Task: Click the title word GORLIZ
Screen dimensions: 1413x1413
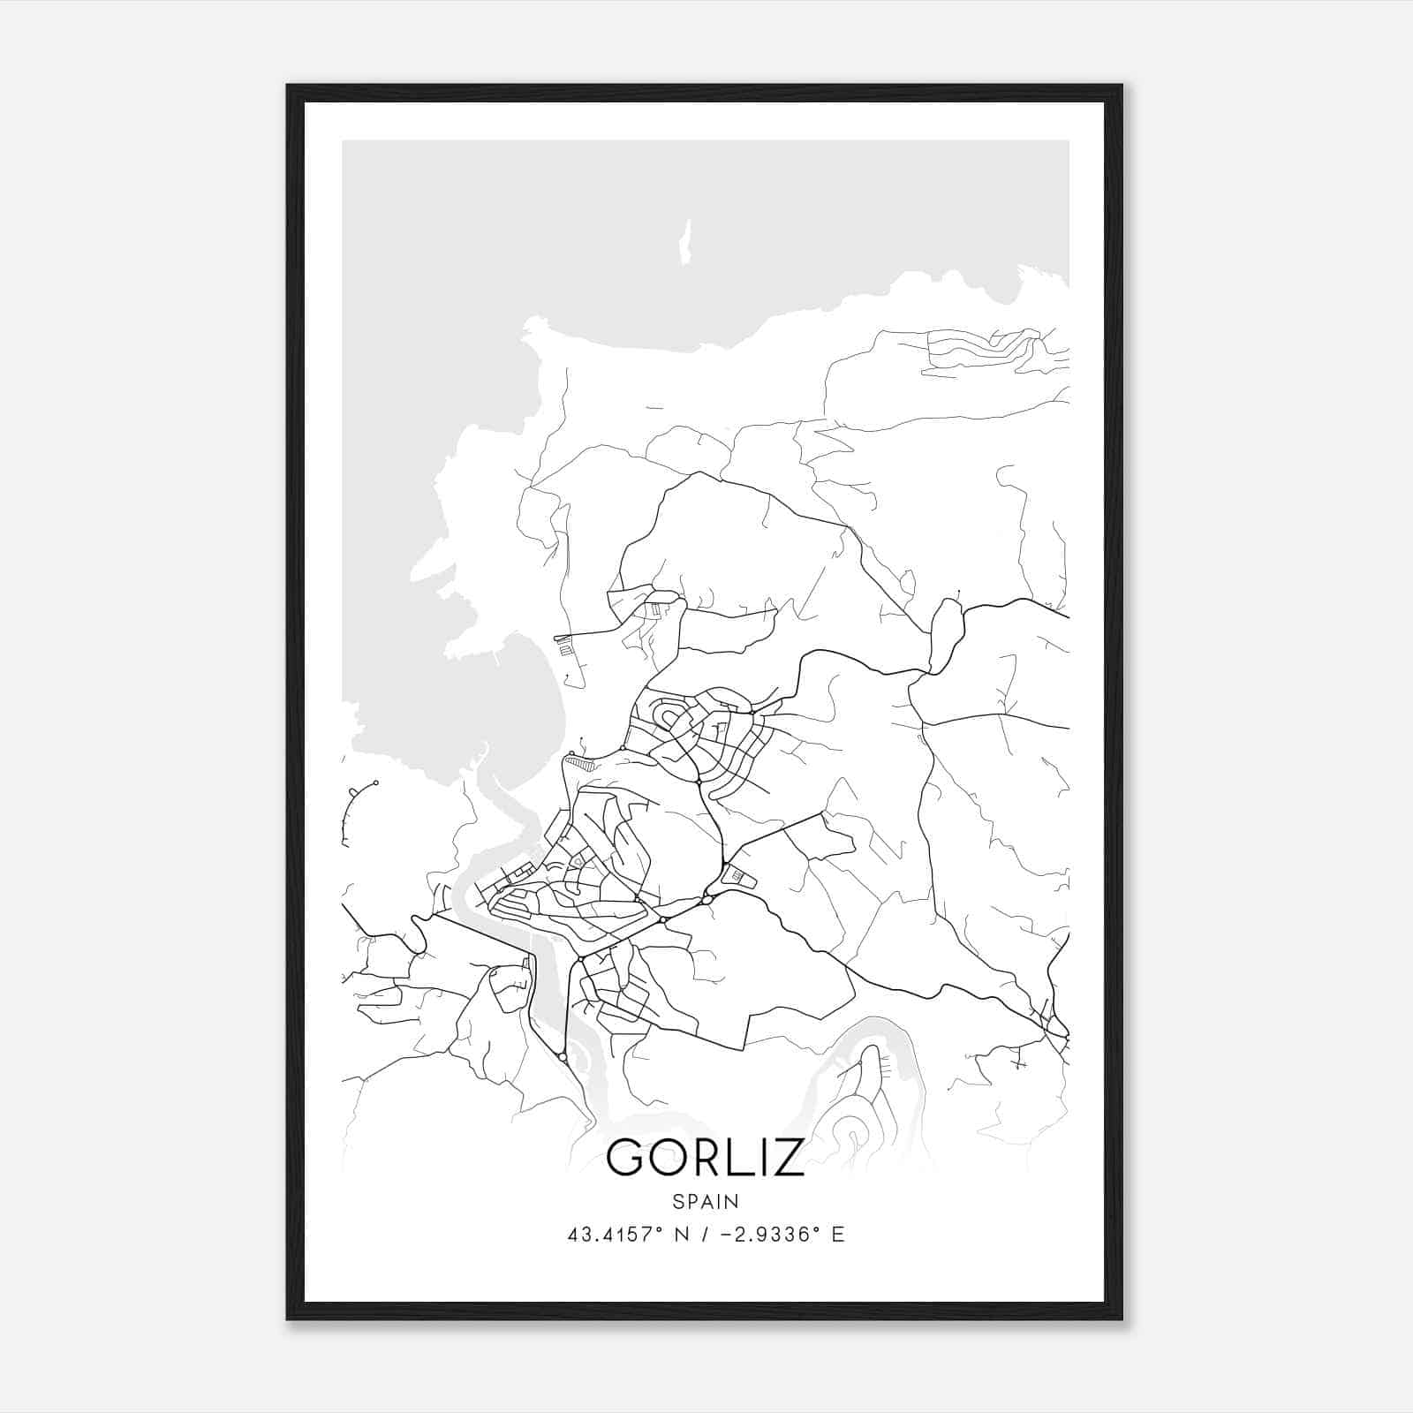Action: click(705, 1157)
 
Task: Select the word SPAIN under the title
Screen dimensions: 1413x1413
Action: click(705, 1202)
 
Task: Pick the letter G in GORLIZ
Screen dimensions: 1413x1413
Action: click(628, 1157)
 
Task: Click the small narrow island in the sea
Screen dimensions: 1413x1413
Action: click(684, 242)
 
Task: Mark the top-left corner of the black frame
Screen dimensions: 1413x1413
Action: click(288, 86)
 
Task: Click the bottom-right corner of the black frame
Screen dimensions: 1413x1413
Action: click(1121, 1319)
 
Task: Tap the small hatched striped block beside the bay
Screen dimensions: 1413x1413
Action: click(578, 759)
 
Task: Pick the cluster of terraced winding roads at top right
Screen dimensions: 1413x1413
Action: click(989, 349)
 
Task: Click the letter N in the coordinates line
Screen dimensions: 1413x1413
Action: click(682, 1235)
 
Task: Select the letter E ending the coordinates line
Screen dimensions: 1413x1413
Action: click(838, 1235)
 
